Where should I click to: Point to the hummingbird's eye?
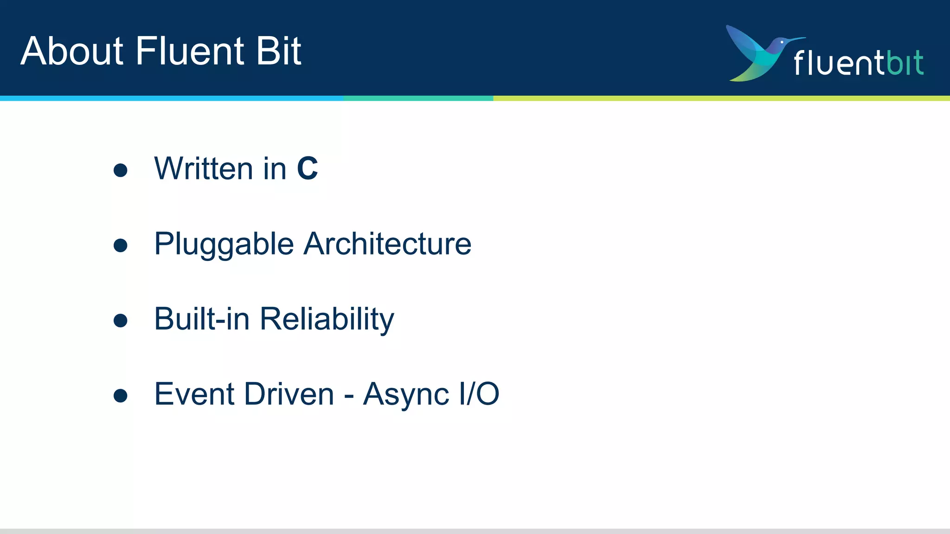[x=782, y=42]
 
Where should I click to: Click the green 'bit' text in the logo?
[x=905, y=63]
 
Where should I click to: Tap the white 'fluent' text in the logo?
[x=839, y=63]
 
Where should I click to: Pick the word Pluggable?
[x=224, y=244]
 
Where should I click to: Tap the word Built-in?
[x=202, y=319]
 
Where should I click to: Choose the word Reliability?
[x=327, y=320]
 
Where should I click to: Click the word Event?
[x=194, y=394]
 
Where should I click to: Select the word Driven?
[x=289, y=394]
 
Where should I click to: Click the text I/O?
[x=479, y=394]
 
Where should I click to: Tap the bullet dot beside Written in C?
[x=121, y=170]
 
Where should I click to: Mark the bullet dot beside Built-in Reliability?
[x=121, y=320]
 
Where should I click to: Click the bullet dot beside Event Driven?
[x=121, y=395]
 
